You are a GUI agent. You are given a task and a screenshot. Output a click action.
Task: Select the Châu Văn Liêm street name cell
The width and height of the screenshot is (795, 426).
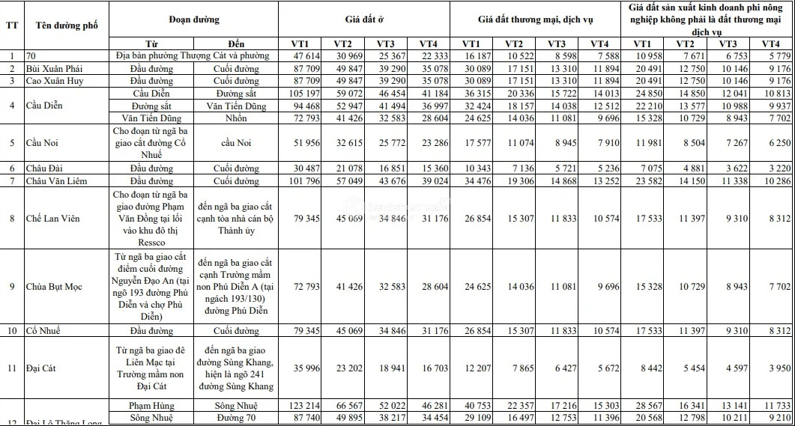[x=57, y=180]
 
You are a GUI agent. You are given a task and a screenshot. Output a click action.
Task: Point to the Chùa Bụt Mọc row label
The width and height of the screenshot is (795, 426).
[x=54, y=287]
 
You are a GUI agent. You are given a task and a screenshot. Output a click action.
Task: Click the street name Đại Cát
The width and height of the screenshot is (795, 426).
[x=42, y=368]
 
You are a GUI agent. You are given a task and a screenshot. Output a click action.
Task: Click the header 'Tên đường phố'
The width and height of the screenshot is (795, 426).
[x=67, y=24]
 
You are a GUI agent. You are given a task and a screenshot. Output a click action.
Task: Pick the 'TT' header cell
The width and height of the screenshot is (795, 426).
[x=12, y=24]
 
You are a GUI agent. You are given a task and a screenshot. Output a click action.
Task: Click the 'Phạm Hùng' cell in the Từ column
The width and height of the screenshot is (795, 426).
[x=153, y=404]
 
